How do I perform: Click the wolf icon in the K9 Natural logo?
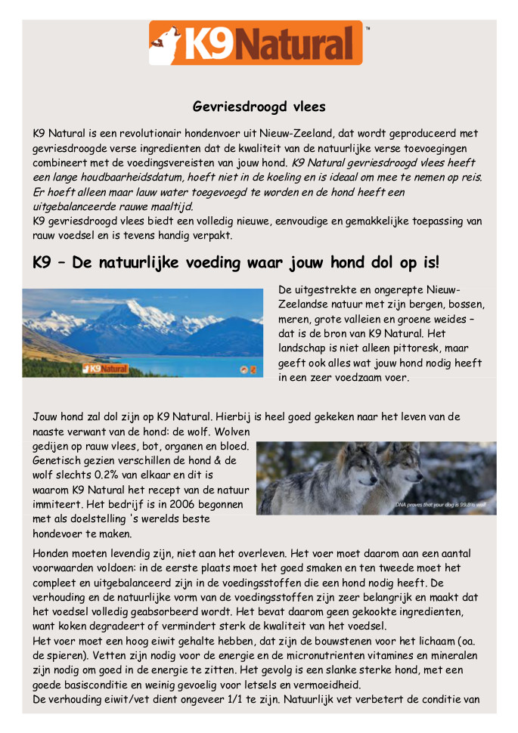point(165,44)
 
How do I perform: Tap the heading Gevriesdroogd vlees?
point(259,107)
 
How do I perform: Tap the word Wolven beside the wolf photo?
point(231,431)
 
